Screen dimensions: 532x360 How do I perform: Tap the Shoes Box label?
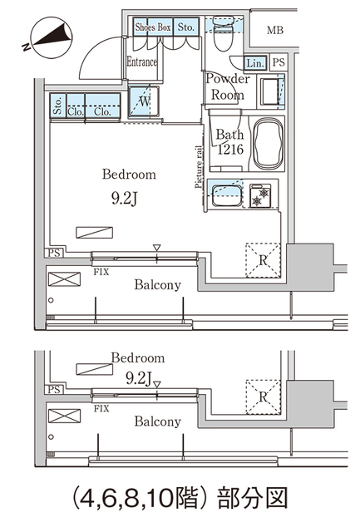coord(153,27)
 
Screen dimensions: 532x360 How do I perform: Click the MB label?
coord(274,32)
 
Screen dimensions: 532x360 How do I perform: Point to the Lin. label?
coord(255,62)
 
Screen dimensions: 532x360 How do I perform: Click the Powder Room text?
coord(226,86)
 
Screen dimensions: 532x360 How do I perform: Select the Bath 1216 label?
coord(228,142)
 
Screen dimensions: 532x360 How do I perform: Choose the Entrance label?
coord(142,61)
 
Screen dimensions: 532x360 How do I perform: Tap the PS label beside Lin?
coord(278,62)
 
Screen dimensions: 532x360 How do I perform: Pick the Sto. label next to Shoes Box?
coord(187,27)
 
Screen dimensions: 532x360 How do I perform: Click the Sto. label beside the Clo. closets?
coord(57,107)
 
